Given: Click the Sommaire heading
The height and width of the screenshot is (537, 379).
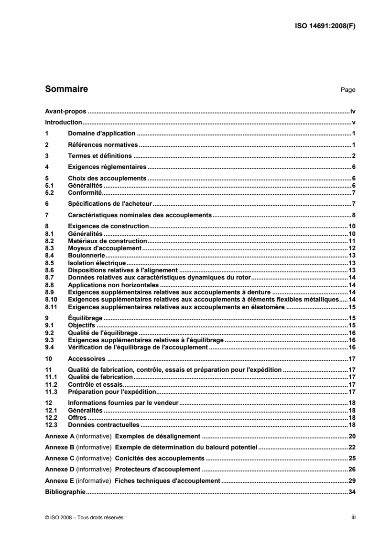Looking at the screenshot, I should pyautogui.click(x=66, y=89).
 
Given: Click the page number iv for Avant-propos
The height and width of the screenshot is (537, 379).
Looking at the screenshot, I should pyautogui.click(x=353, y=111).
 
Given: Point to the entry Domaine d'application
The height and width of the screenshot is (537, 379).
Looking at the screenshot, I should pyautogui.click(x=102, y=134).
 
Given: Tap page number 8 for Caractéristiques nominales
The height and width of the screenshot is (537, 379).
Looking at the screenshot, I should pyautogui.click(x=354, y=215).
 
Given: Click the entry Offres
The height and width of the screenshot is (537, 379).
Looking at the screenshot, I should pyautogui.click(x=77, y=417).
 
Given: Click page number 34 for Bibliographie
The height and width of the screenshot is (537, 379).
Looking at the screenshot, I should pyautogui.click(x=352, y=491).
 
